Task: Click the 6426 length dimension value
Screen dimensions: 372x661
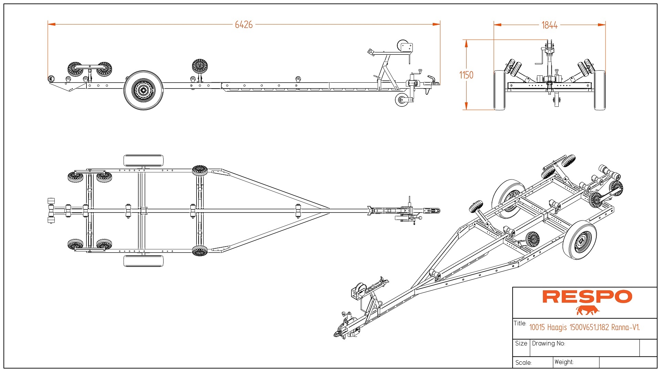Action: pyautogui.click(x=244, y=25)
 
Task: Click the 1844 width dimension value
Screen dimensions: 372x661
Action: pyautogui.click(x=549, y=25)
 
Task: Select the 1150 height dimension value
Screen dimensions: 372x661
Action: pyautogui.click(x=466, y=75)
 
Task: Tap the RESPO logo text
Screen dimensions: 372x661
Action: pyautogui.click(x=587, y=297)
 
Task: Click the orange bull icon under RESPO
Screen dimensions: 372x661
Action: pyautogui.click(x=588, y=310)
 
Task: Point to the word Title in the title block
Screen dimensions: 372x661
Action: pyautogui.click(x=520, y=323)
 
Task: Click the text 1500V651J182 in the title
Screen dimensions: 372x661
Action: pyautogui.click(x=589, y=327)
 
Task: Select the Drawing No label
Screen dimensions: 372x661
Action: pyautogui.click(x=548, y=343)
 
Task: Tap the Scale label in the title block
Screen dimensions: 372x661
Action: pyautogui.click(x=523, y=363)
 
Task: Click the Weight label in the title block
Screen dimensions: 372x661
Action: pyautogui.click(x=564, y=362)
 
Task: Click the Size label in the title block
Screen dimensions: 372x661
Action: pyautogui.click(x=521, y=343)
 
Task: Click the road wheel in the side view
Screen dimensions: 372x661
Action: pyautogui.click(x=143, y=90)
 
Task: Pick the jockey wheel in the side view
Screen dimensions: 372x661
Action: pyautogui.click(x=401, y=100)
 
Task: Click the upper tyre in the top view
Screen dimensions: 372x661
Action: pyautogui.click(x=143, y=161)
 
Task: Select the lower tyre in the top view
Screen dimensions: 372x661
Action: pyautogui.click(x=143, y=261)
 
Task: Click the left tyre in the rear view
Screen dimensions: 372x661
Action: pyautogui.click(x=499, y=90)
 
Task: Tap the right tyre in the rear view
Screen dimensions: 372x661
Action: pyautogui.click(x=600, y=90)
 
